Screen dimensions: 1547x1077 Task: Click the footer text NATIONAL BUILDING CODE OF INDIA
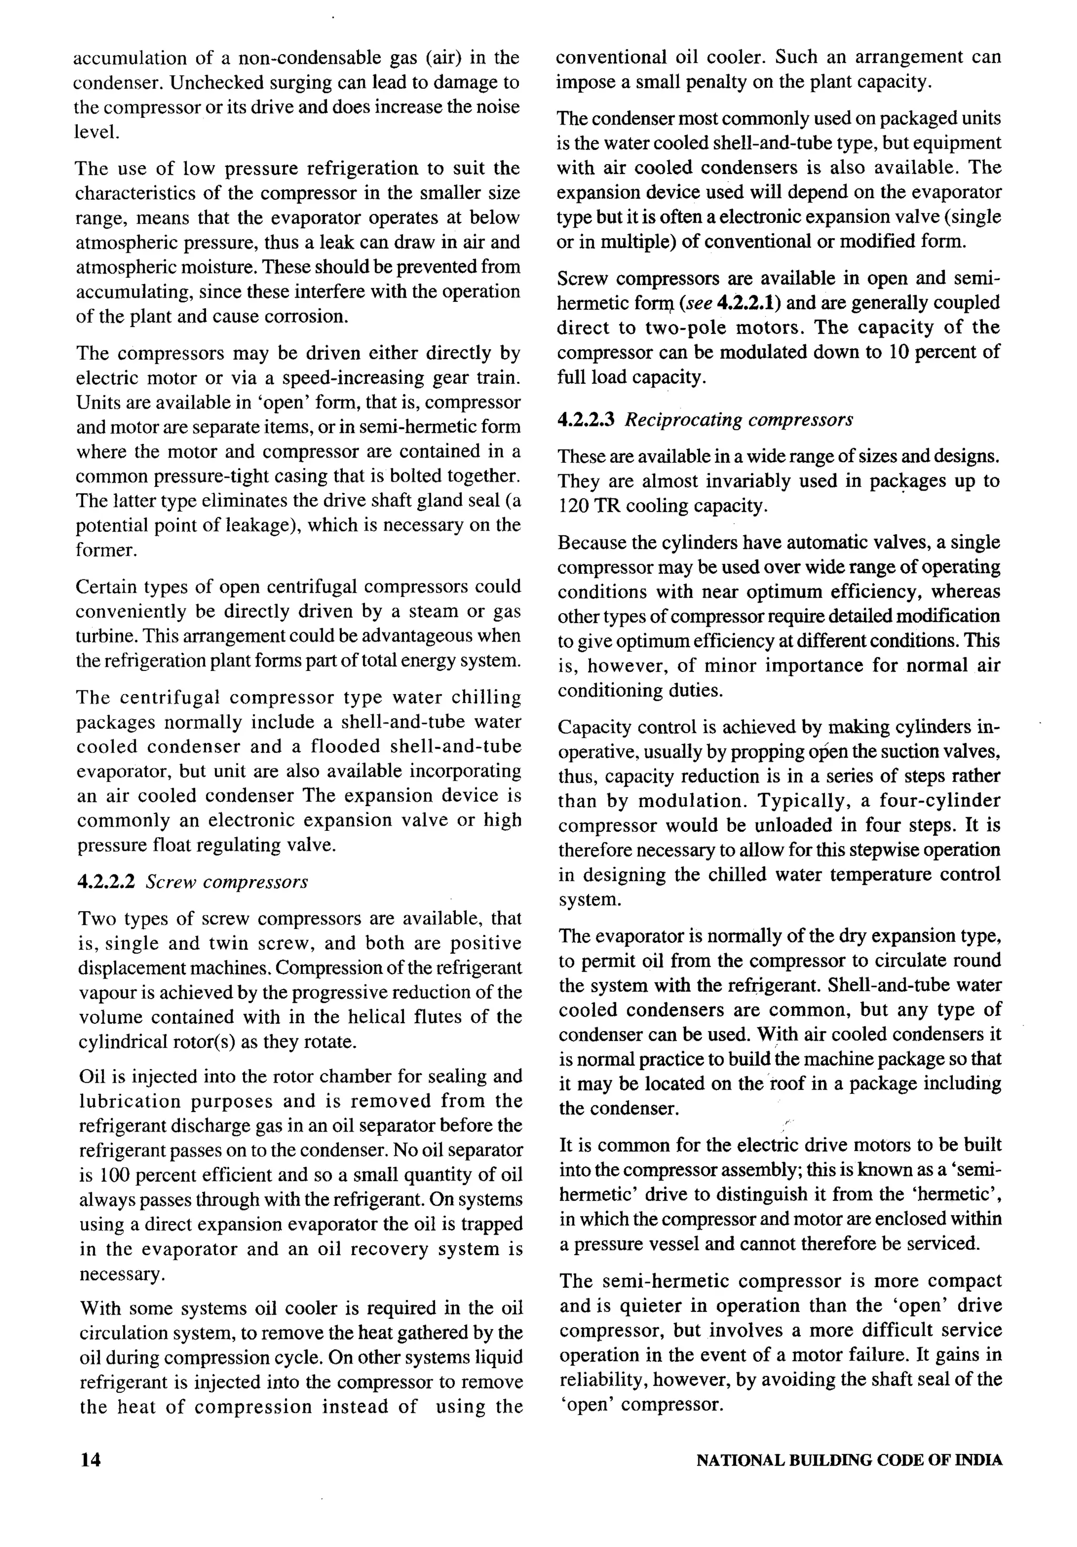[x=849, y=1461]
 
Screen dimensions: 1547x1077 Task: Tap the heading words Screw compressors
[x=227, y=882]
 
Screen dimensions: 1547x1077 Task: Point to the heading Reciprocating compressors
[x=739, y=420]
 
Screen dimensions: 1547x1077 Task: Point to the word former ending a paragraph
[x=105, y=550]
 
